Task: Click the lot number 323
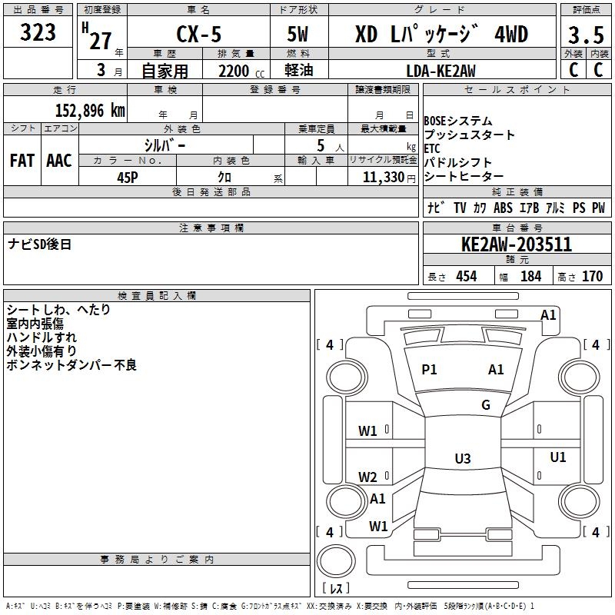point(38,33)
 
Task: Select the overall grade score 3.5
point(584,35)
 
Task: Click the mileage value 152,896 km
point(90,110)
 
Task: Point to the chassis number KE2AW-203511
point(516,245)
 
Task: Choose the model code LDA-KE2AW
point(440,71)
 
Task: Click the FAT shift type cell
point(22,160)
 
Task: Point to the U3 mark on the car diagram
point(462,459)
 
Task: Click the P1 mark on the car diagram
point(429,370)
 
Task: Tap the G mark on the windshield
point(486,405)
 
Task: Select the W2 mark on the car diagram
point(367,477)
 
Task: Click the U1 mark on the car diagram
point(558,457)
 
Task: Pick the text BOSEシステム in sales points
point(458,121)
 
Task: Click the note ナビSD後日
point(40,244)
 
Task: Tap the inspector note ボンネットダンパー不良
point(71,365)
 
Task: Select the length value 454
point(466,277)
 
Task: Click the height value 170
point(592,277)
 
